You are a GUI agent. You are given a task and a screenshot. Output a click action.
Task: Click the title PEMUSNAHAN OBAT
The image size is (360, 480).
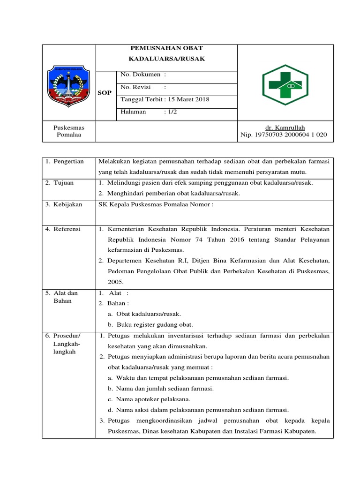coord(166,48)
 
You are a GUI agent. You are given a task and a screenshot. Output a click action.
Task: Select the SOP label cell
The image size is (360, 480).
coord(105,93)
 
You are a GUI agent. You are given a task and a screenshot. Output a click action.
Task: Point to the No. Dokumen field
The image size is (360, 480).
coord(143,75)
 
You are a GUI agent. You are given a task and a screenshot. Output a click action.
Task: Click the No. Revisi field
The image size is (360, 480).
coord(143,87)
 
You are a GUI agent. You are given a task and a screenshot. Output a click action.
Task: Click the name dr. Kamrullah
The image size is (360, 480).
coord(285,127)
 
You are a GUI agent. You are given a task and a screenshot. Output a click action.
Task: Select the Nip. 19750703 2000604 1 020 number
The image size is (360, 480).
coord(284,135)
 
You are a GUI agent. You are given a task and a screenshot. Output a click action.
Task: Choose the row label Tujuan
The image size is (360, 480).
coord(60,183)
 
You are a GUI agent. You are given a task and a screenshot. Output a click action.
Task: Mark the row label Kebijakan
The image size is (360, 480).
coord(64,205)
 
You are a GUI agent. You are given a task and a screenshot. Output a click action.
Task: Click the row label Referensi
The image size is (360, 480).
coord(63,229)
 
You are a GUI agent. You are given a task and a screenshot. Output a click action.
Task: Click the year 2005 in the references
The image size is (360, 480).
coord(115,282)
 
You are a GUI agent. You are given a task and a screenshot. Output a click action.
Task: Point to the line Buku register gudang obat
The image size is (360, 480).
coord(150,324)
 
